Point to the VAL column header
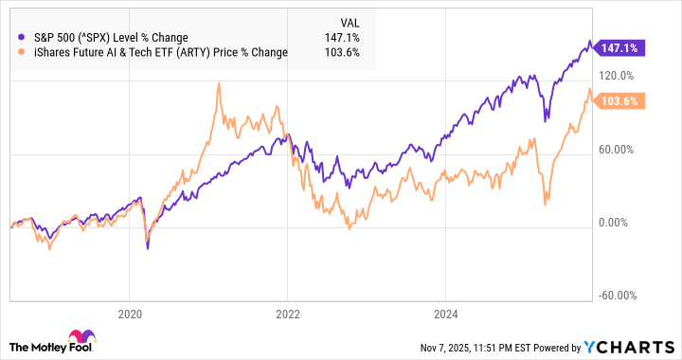[x=350, y=21]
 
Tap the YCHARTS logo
[x=633, y=346]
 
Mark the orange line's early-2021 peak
[x=219, y=83]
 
